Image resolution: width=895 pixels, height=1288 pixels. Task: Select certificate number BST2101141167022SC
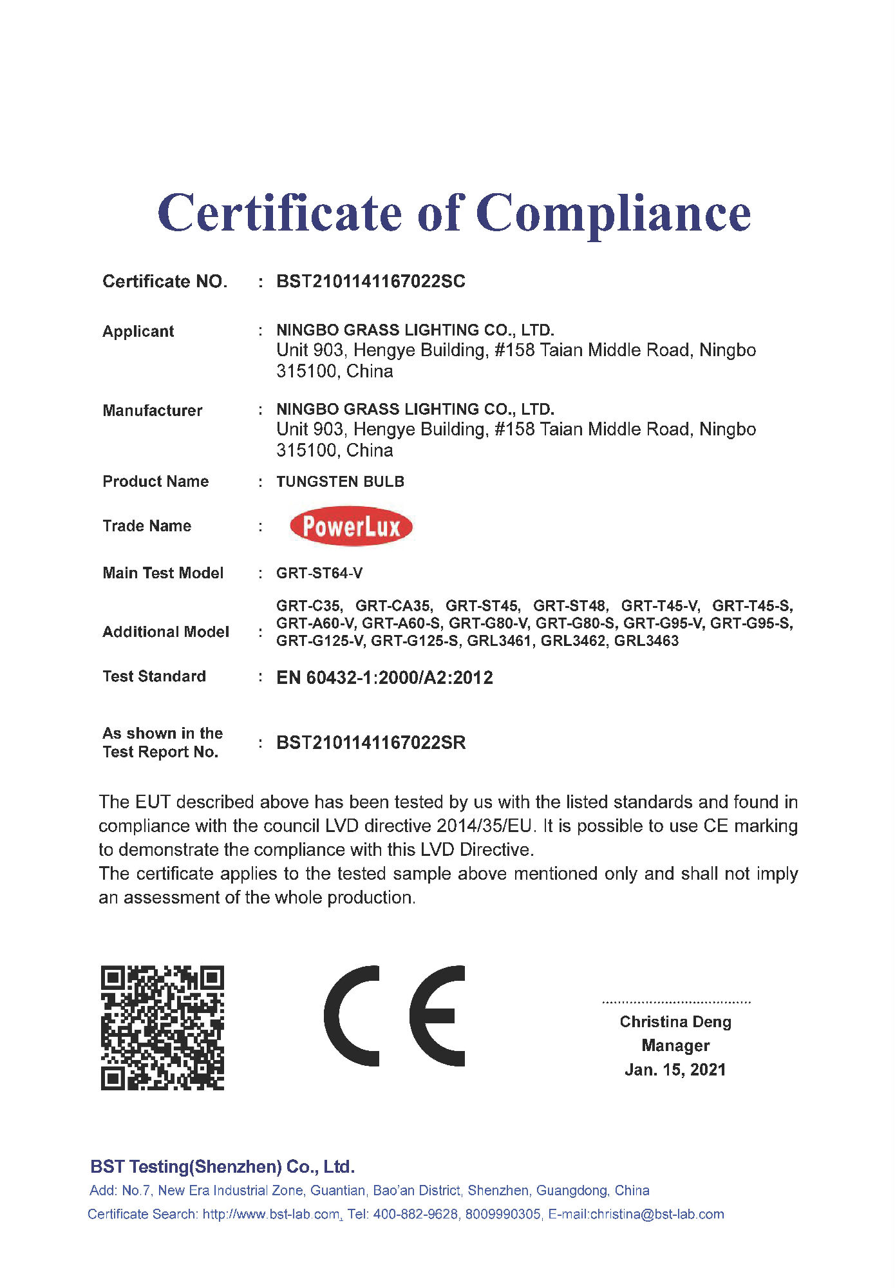pos(370,281)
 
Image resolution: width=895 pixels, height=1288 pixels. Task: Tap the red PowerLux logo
pos(351,527)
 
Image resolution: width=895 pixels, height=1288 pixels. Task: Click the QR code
pos(162,1027)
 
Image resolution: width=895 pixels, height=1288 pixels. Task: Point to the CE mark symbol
pos(394,1016)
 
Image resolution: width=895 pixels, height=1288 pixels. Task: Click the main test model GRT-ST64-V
pos(319,573)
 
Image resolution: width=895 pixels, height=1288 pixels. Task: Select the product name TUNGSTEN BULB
pos(340,482)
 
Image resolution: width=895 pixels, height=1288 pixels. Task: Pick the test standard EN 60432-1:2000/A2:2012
pos(384,677)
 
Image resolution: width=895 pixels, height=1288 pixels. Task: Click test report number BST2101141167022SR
pos(370,743)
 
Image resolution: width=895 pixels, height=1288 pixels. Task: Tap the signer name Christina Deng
pos(675,1022)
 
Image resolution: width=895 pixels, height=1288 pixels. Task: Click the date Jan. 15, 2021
pos(675,1070)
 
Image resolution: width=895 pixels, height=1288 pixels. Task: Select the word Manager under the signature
pos(675,1045)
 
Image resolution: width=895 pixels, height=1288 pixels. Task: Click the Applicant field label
pos(138,331)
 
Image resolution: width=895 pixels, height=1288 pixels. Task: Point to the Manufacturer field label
pos(153,410)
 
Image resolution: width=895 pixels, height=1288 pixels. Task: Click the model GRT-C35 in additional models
pos(309,606)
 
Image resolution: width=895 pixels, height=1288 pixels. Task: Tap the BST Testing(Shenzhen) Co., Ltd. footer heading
pos(222,1166)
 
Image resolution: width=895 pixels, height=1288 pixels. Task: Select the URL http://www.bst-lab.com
pos(271,1214)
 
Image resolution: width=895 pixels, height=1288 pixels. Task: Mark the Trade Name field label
pos(147,526)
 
